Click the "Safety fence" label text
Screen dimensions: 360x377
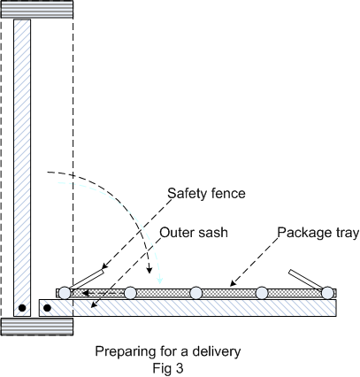206,194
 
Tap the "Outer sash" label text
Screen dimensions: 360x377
194,233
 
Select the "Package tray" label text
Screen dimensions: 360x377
318,233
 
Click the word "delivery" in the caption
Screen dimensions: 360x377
217,351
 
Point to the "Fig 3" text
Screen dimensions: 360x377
168,368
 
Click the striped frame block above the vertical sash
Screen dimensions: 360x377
37,10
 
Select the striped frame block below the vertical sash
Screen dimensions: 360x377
37,327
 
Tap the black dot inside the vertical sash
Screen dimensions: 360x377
22,308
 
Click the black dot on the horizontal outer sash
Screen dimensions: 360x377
47,308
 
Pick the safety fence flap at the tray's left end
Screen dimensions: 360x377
87,279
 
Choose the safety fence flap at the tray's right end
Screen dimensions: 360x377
306,279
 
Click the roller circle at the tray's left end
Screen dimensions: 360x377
65,293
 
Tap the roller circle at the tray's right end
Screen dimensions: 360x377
327,293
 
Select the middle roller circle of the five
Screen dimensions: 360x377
196,293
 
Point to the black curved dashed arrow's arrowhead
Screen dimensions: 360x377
149,270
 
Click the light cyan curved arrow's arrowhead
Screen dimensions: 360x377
160,281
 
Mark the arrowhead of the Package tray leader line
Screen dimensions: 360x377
233,283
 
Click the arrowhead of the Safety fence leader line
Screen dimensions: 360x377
104,265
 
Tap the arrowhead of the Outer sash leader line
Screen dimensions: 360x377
94,305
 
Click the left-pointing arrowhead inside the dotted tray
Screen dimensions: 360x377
85,293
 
